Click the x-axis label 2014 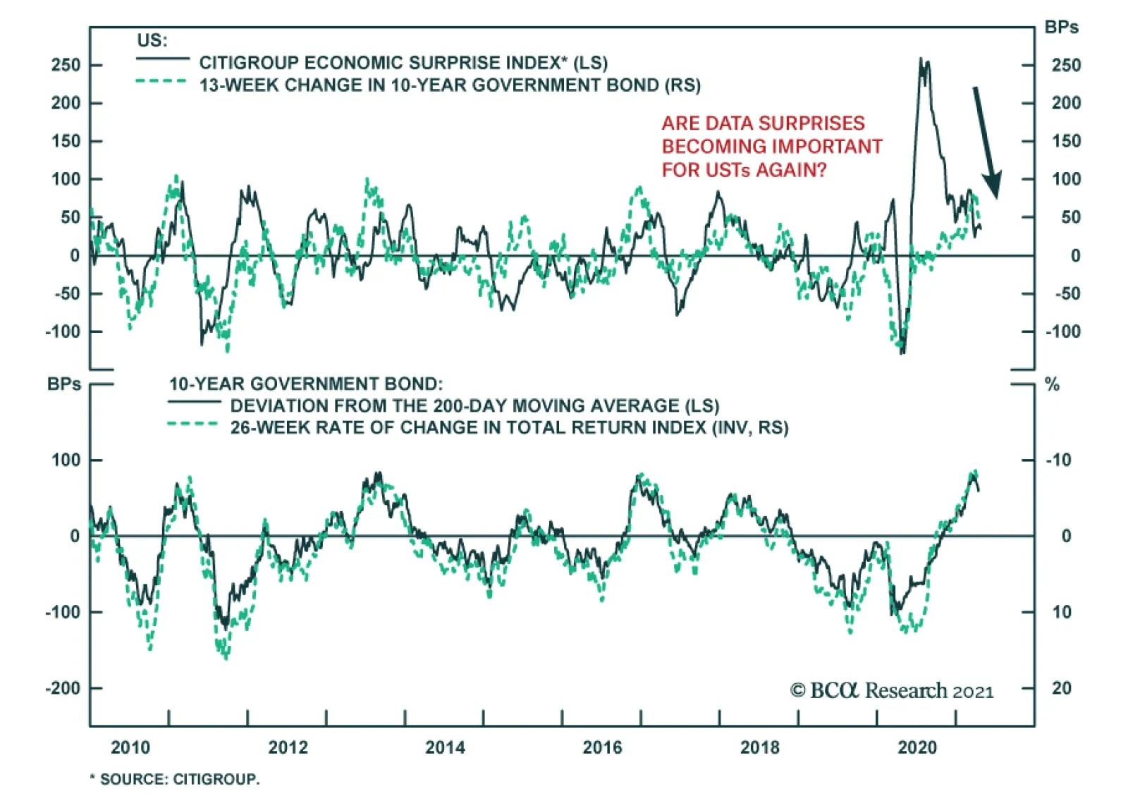(x=445, y=747)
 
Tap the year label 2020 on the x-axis (x=917, y=747)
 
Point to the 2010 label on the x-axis (x=130, y=747)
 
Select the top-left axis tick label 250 (x=66, y=65)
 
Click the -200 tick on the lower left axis (x=63, y=688)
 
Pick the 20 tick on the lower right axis (x=1061, y=688)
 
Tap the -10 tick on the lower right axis (x=1058, y=460)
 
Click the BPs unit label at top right (x=1061, y=27)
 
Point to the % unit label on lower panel (x=1052, y=384)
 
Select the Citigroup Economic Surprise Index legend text (x=403, y=63)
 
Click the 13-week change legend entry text (x=450, y=85)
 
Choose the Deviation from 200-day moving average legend (x=474, y=406)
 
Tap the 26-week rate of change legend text (x=509, y=428)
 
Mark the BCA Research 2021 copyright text (x=892, y=690)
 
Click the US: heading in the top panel (x=152, y=40)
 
